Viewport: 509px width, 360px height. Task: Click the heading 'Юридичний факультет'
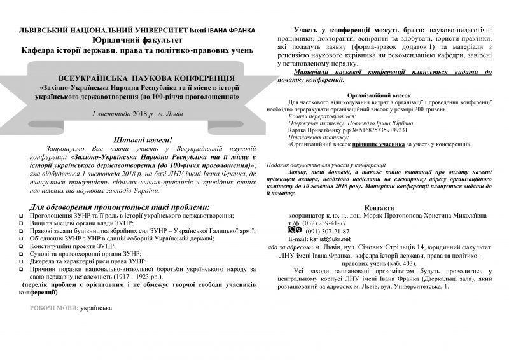[x=137, y=39]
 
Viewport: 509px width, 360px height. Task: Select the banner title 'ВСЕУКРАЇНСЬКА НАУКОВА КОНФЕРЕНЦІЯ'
[x=137, y=75]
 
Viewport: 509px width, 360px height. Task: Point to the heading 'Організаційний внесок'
[x=380, y=93]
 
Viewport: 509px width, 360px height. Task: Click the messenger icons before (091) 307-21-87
[x=295, y=213]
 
